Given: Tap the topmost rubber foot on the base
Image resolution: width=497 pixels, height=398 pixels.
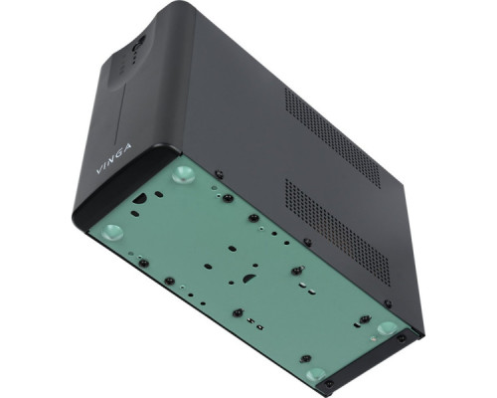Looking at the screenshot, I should coord(183,176).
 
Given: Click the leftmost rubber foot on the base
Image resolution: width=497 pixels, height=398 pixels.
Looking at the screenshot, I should coord(112,233).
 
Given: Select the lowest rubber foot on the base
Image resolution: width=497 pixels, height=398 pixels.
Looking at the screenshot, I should coord(317,375).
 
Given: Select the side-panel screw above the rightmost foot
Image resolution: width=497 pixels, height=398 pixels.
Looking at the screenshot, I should coord(388,303).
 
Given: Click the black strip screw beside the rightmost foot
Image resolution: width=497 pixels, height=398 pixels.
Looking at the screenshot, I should coord(402,337).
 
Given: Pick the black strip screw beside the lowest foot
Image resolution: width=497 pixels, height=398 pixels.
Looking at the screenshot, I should coord(332,380).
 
